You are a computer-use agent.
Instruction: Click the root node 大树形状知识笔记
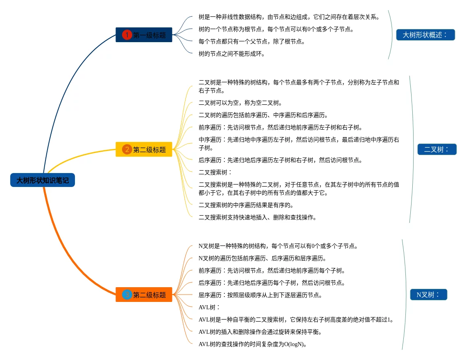tap(43, 180)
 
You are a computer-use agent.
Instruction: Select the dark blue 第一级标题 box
tap(144, 35)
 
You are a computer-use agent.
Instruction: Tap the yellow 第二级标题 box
tap(144, 150)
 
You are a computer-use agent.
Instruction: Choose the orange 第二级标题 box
tap(144, 295)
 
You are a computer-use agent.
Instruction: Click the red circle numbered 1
tap(127, 35)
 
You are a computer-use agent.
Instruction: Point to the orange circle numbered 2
tap(127, 150)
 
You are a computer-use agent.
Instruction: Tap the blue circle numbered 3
tap(127, 295)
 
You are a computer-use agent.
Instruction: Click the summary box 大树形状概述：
tap(425, 35)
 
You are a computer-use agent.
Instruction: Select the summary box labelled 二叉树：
tap(437, 149)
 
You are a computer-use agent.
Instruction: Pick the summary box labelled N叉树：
tap(428, 295)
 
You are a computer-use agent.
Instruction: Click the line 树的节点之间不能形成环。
tap(232, 54)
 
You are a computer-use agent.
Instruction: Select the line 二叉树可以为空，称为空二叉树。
tap(240, 103)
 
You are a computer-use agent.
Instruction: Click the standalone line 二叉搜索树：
tap(215, 172)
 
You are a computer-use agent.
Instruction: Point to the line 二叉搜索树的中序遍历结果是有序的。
tap(246, 205)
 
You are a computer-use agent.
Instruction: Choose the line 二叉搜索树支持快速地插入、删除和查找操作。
tap(258, 217)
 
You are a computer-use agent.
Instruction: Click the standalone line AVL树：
tap(210, 307)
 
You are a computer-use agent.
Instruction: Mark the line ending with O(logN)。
tap(253, 344)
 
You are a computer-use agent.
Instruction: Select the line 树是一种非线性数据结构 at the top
tap(289, 17)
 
